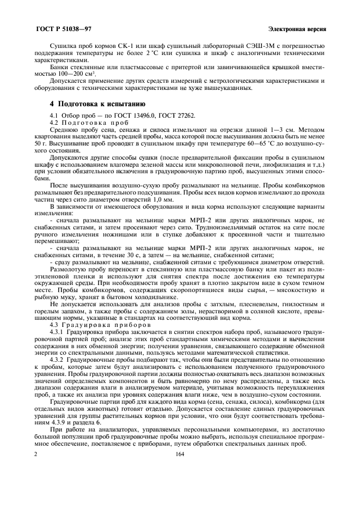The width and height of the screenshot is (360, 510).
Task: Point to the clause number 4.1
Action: [53, 114]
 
